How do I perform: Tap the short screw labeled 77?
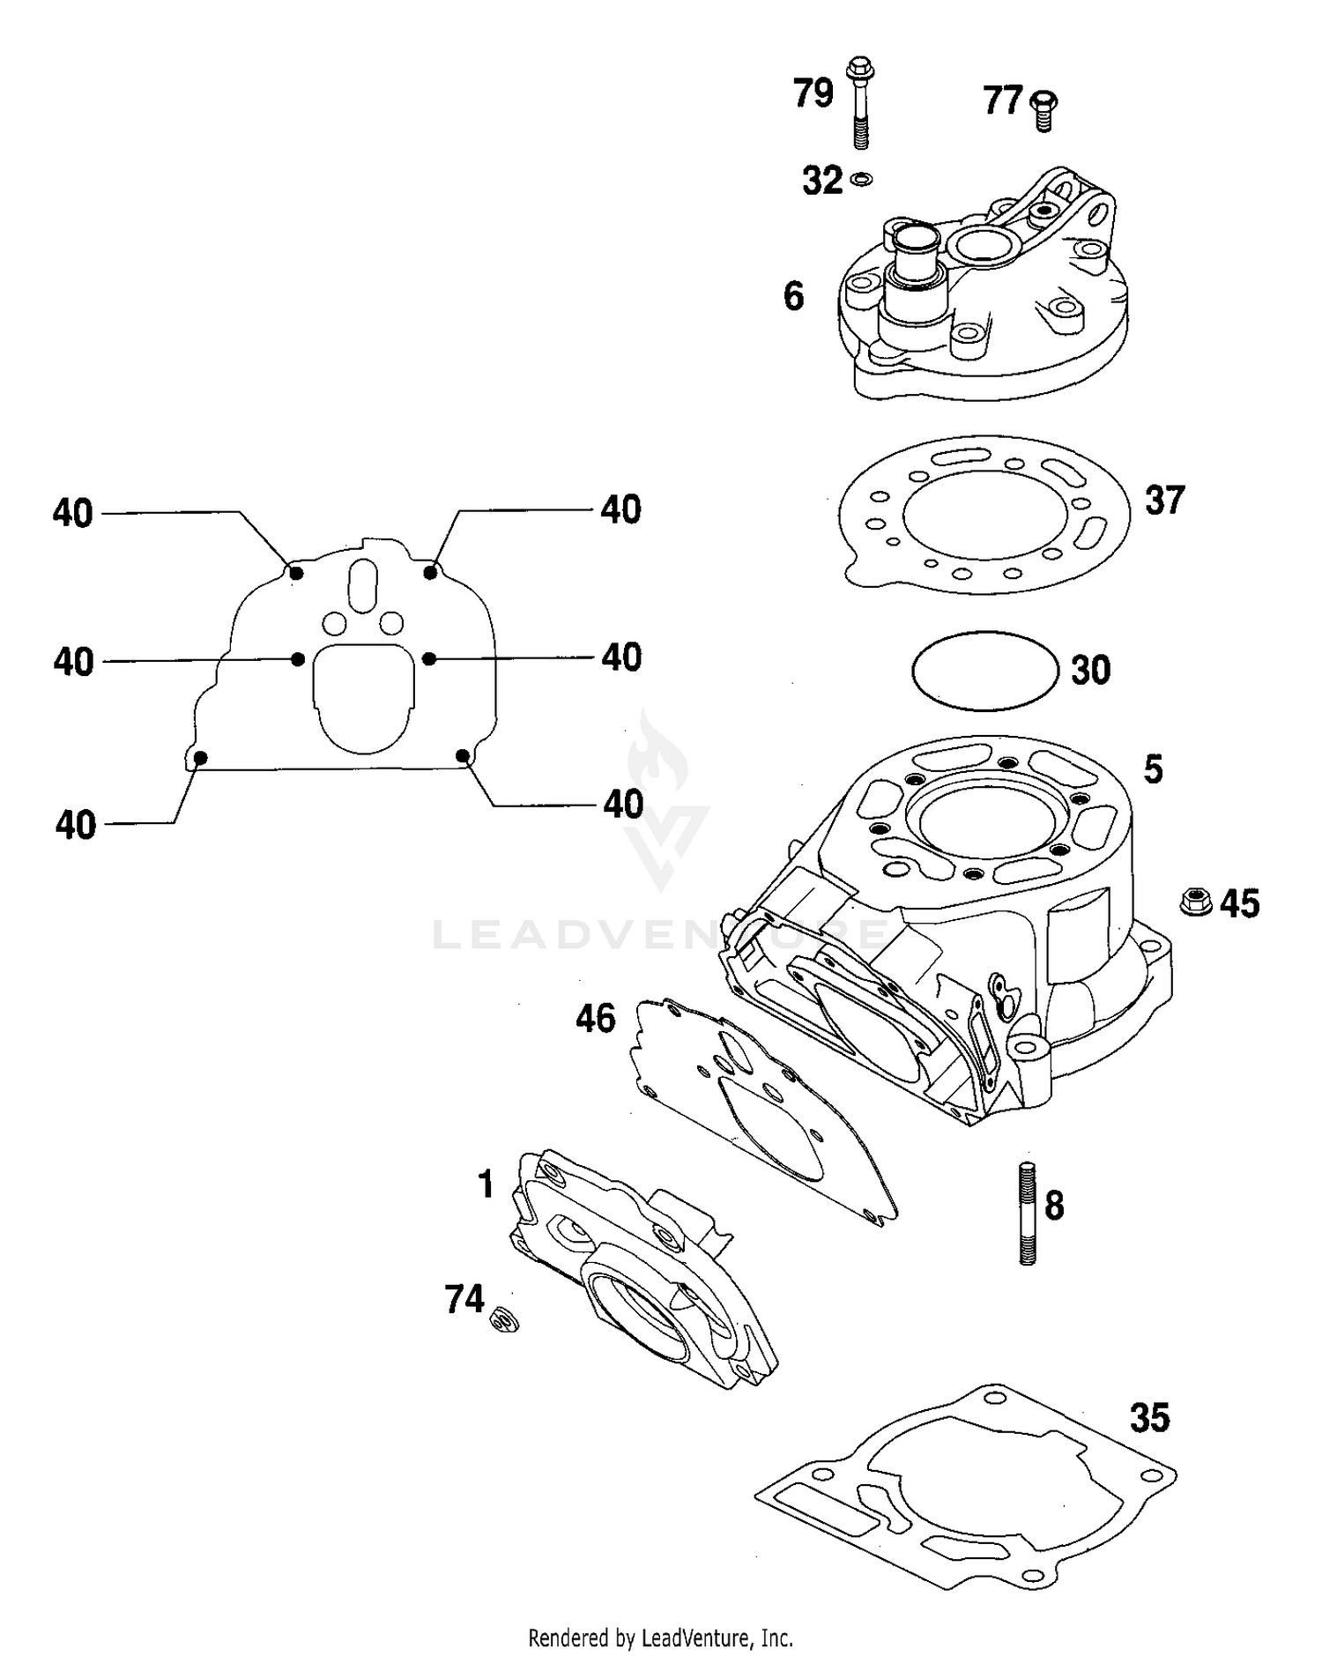1044,109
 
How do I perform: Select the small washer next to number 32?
861,180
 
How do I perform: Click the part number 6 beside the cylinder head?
793,297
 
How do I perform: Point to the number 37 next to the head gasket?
1164,500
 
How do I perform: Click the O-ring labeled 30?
984,671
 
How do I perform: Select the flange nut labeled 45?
1195,902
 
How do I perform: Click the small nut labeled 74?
505,1320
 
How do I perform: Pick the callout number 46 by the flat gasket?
595,1019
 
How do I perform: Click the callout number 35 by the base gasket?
1149,1418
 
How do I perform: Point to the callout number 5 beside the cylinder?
1153,769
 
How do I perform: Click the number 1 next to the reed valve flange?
485,1184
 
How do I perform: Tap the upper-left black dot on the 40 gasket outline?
297,573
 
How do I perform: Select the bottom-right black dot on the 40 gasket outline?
462,755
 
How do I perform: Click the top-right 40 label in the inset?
620,509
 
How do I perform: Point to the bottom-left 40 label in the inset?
75,825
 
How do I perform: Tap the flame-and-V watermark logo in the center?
662,802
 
